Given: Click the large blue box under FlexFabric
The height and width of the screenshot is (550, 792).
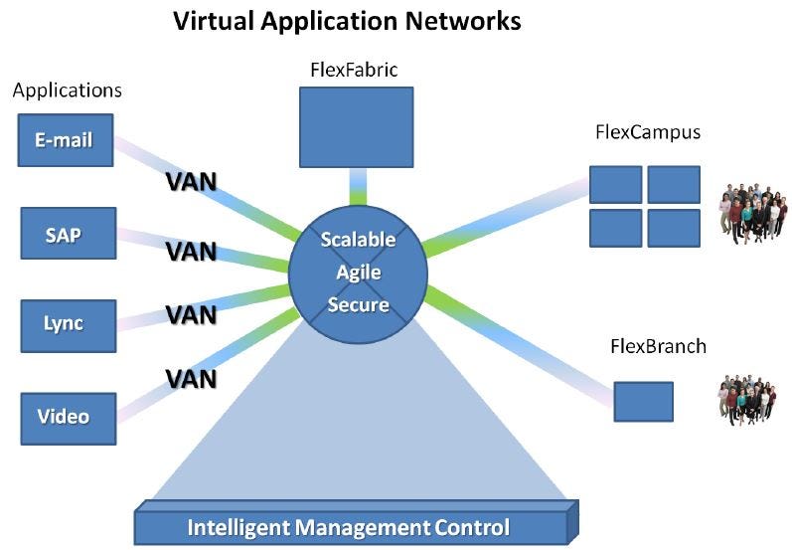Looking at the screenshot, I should pyautogui.click(x=357, y=126).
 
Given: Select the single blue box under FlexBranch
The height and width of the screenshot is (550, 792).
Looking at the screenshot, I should pyautogui.click(x=643, y=401).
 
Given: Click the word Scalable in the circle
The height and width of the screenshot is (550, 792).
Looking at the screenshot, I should pyautogui.click(x=358, y=240).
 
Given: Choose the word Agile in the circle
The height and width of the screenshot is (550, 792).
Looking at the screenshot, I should pyautogui.click(x=358, y=272).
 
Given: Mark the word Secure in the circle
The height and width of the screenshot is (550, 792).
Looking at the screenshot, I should pyautogui.click(x=358, y=304).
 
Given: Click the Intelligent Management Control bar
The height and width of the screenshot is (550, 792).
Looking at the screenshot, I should pyautogui.click(x=349, y=526).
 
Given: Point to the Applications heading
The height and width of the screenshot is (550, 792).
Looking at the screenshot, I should pyautogui.click(x=68, y=91).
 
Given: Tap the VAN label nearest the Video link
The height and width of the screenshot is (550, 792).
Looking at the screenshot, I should pyautogui.click(x=191, y=379).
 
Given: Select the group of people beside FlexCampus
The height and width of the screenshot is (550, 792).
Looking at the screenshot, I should pyautogui.click(x=751, y=212).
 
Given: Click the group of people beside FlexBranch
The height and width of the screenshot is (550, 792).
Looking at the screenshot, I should pyautogui.click(x=747, y=400).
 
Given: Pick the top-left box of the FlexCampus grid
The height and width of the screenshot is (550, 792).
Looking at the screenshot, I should pyautogui.click(x=615, y=184).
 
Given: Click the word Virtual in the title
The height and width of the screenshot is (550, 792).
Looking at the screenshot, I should pyautogui.click(x=213, y=21).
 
